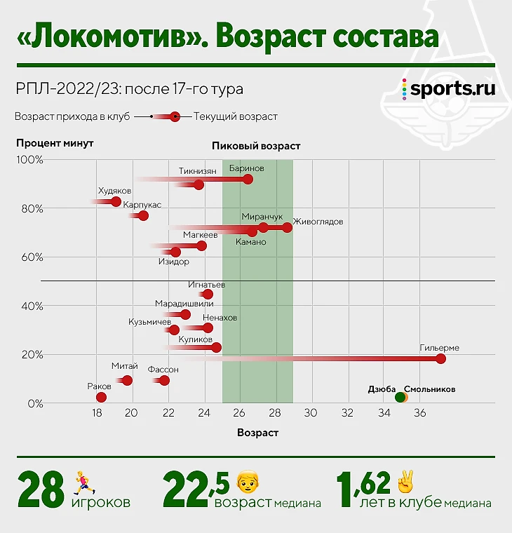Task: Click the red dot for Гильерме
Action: tap(440, 359)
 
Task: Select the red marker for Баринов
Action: tap(247, 180)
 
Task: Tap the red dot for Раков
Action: tap(101, 398)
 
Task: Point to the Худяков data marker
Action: tap(116, 201)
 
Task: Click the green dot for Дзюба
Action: tap(400, 397)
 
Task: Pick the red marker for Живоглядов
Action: tap(287, 227)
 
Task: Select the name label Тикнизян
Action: tap(197, 170)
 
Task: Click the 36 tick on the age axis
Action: tap(419, 413)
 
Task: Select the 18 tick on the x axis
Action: tap(97, 413)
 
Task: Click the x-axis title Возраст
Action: tap(257, 433)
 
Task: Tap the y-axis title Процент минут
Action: tap(55, 143)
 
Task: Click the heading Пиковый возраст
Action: tap(256, 147)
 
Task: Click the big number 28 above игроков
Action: tap(41, 490)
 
